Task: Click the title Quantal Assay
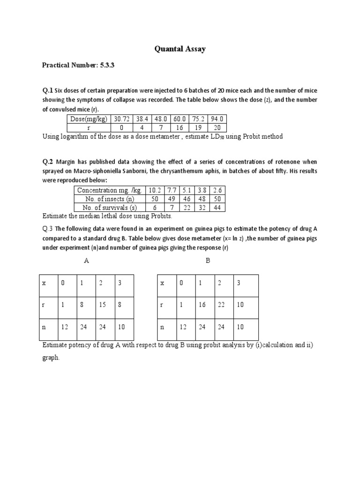pyautogui.click(x=180, y=49)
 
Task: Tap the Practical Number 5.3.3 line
pyautogui.click(x=78, y=66)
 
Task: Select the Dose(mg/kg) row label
pyautogui.click(x=88, y=119)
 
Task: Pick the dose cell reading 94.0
pyautogui.click(x=217, y=119)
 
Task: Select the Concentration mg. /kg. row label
pyautogui.click(x=110, y=190)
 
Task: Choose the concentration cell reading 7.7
pyautogui.click(x=172, y=190)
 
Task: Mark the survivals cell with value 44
pyautogui.click(x=217, y=207)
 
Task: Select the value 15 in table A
pyautogui.click(x=102, y=305)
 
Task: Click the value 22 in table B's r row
pyautogui.click(x=221, y=305)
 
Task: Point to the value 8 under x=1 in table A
pyautogui.click(x=82, y=305)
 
